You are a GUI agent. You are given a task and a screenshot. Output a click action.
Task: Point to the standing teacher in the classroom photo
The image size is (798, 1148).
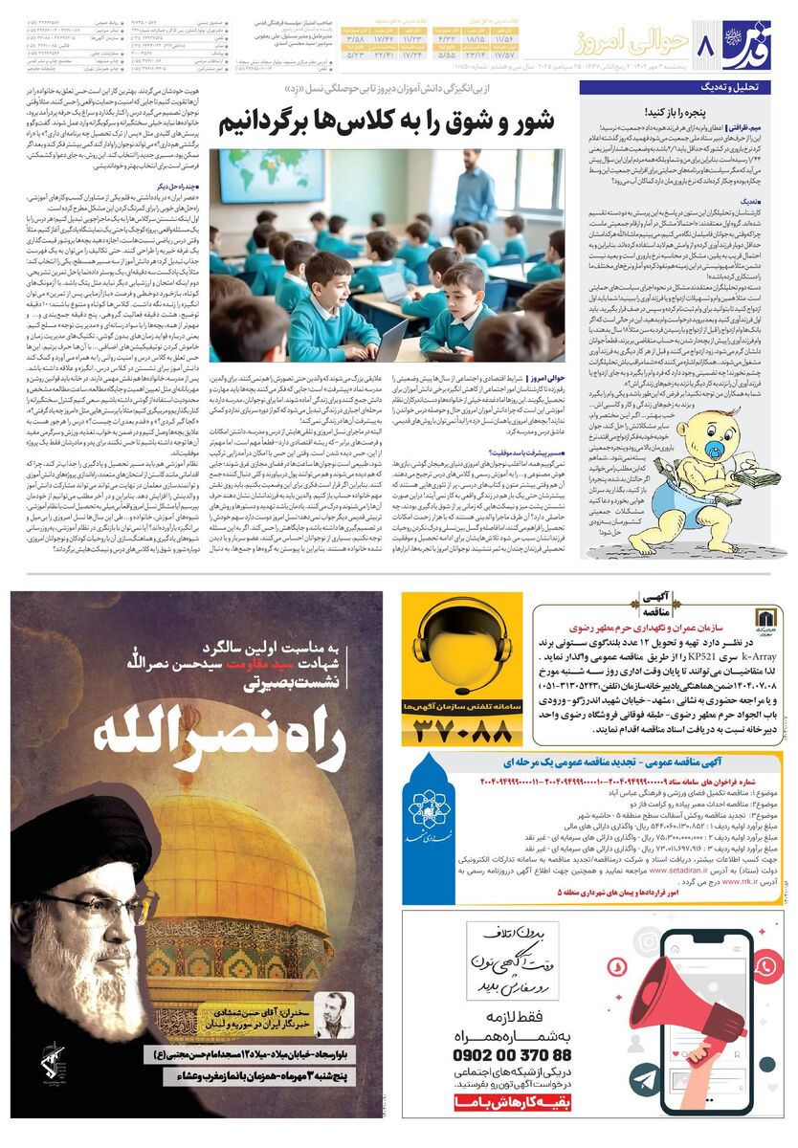[474, 187]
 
